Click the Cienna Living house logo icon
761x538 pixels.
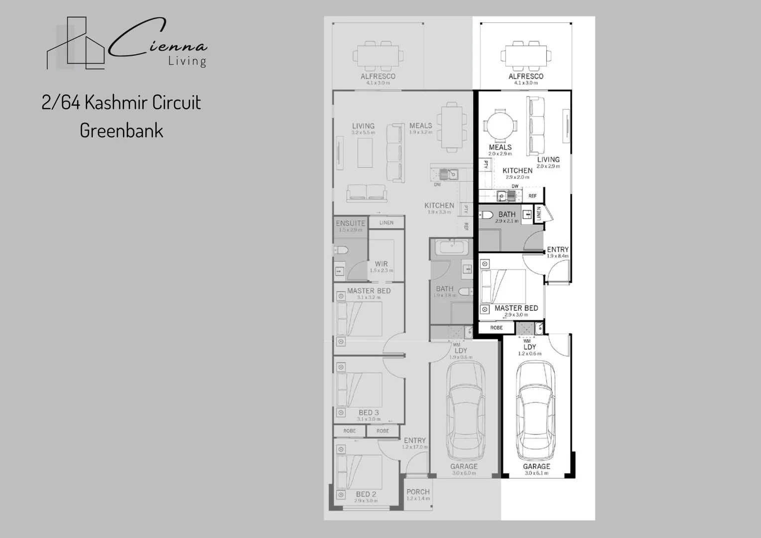coord(76,44)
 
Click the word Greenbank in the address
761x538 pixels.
coord(122,131)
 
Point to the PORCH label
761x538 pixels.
coord(418,492)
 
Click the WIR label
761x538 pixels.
coord(381,264)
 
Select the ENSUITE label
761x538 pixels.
coord(351,223)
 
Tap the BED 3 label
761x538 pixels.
coord(369,412)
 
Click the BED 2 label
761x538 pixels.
coord(366,494)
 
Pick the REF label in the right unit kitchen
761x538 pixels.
coord(532,196)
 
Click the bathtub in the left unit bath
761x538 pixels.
coord(451,248)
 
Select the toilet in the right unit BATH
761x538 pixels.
coord(486,215)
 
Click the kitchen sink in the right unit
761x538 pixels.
coord(506,196)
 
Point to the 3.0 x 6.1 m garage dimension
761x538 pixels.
coord(536,473)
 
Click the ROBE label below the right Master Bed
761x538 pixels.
coord(496,328)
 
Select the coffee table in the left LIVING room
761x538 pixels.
coord(365,153)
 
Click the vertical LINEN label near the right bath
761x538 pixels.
coord(538,214)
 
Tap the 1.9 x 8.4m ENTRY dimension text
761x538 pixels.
coord(557,256)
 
